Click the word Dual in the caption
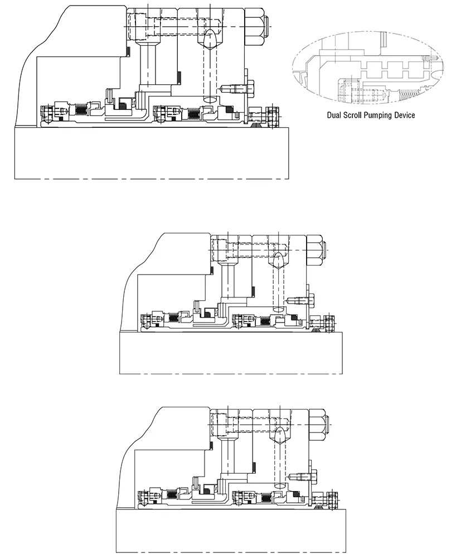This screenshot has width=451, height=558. point(334,115)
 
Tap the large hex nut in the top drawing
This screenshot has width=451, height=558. point(254,26)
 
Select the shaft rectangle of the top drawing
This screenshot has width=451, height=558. point(152,153)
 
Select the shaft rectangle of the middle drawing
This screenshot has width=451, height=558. point(231,353)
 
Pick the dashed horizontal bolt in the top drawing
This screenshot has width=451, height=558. point(174,25)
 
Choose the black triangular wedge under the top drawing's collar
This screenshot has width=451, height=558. point(255,124)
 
